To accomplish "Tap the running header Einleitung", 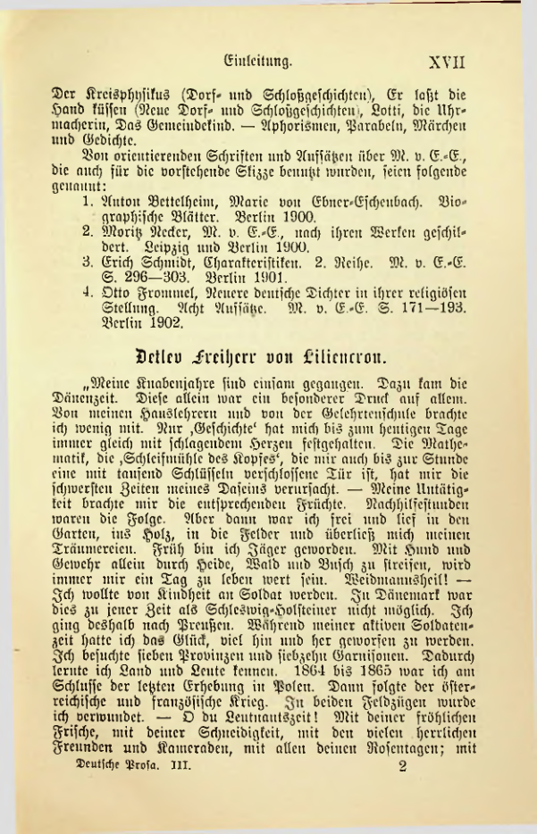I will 260,63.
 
